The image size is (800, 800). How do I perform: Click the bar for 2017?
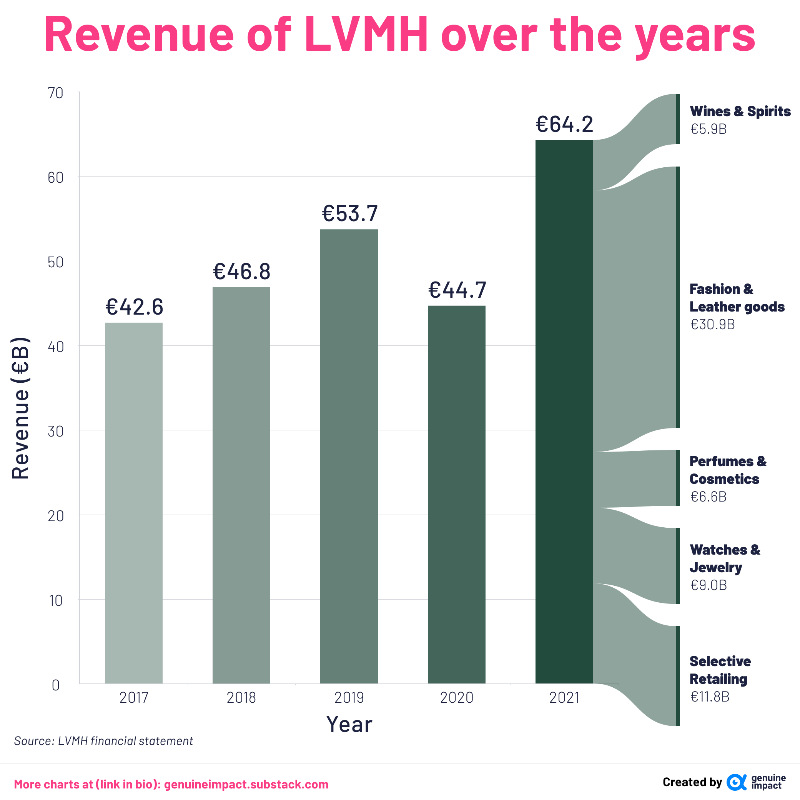[x=133, y=503]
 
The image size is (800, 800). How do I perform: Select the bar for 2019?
[x=349, y=456]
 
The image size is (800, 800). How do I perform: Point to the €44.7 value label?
[x=457, y=290]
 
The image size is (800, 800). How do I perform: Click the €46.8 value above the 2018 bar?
[x=241, y=272]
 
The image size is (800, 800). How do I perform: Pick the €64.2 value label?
[x=564, y=124]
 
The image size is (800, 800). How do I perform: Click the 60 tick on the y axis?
[x=55, y=178]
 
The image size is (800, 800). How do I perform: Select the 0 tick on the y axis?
[x=55, y=685]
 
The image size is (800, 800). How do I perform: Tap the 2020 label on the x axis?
[x=456, y=698]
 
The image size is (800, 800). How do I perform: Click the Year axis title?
[x=349, y=724]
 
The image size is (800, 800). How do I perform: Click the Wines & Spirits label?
[x=740, y=111]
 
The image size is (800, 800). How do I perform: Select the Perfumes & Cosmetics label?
[x=728, y=470]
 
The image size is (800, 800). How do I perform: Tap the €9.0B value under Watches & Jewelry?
[x=708, y=585]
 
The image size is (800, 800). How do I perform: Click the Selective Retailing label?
[x=720, y=670]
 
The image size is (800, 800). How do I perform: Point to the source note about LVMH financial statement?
[x=103, y=741]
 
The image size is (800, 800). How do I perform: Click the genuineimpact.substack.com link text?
[x=246, y=784]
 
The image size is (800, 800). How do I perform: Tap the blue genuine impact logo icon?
[x=736, y=782]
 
